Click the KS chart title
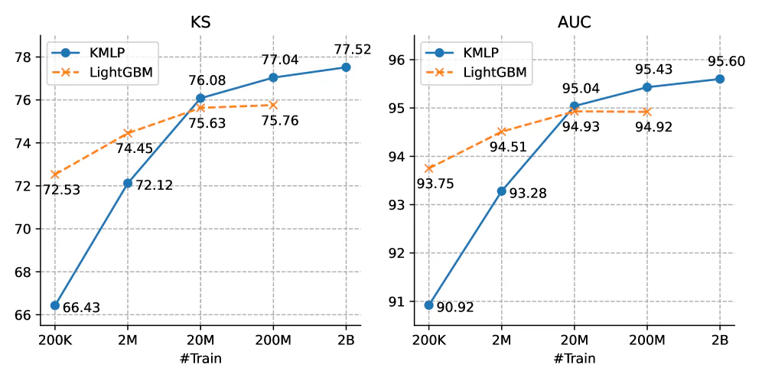pyautogui.click(x=200, y=23)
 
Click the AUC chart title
pyautogui.click(x=575, y=23)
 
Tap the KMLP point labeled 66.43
pyautogui.click(x=55, y=305)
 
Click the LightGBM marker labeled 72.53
pyautogui.click(x=55, y=174)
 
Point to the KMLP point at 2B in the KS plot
pyautogui.click(x=346, y=67)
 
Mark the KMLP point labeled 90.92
pyautogui.click(x=429, y=304)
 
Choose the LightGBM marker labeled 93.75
pyautogui.click(x=429, y=168)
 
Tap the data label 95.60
pyautogui.click(x=719, y=61)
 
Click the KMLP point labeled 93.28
pyautogui.click(x=502, y=190)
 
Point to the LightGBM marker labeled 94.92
pyautogui.click(x=647, y=112)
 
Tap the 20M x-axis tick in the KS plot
pyautogui.click(x=200, y=339)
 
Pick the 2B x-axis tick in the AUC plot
pyautogui.click(x=719, y=339)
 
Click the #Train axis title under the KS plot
pyautogui.click(x=200, y=357)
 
